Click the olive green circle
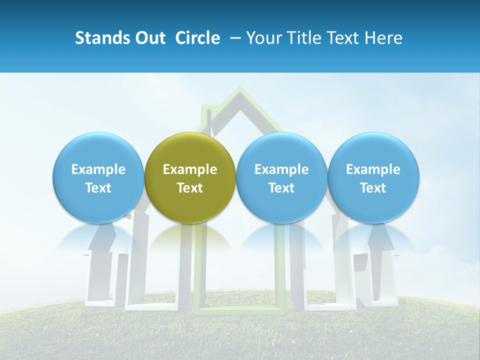tap(190, 177)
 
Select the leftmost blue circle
tap(98, 177)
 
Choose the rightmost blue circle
tap(373, 177)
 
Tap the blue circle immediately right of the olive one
tap(281, 177)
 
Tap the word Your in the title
tap(263, 38)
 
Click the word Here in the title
tap(385, 38)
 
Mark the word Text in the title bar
tap(344, 38)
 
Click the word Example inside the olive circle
tap(190, 169)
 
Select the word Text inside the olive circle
tap(190, 188)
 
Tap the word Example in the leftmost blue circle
tap(98, 169)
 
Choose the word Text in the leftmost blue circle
tap(98, 188)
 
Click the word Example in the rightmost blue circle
tap(373, 169)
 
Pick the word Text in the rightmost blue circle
tap(373, 188)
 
